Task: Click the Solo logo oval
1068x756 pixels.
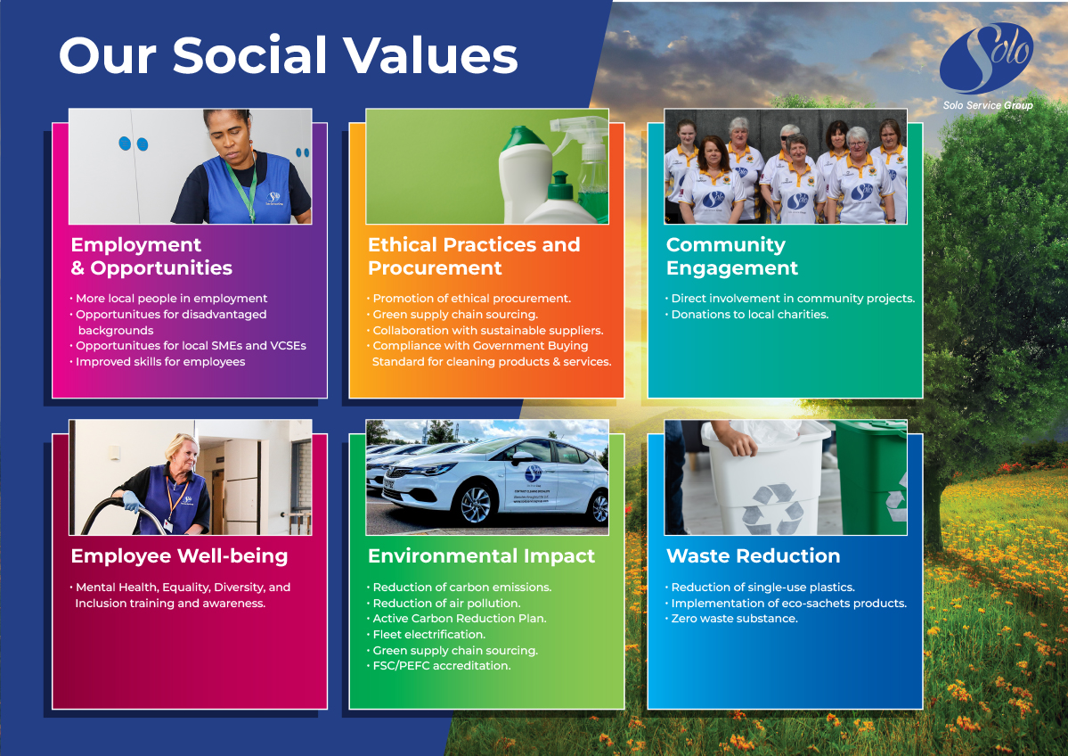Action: click(986, 59)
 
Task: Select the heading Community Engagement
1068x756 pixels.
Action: click(731, 257)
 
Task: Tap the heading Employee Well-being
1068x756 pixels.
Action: click(179, 556)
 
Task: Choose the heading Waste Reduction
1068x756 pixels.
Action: click(753, 555)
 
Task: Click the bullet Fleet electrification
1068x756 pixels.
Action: click(426, 635)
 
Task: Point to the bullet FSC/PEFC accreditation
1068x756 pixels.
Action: click(438, 666)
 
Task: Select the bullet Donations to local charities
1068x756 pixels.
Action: click(746, 315)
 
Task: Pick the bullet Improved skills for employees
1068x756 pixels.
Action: click(158, 362)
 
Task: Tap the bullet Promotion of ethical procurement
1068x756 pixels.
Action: click(469, 299)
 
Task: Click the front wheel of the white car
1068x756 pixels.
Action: click(475, 504)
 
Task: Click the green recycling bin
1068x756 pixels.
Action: click(872, 476)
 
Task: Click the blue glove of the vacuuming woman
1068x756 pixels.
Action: click(131, 503)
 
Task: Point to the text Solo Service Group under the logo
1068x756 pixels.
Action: click(988, 105)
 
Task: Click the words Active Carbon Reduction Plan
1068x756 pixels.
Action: click(459, 619)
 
